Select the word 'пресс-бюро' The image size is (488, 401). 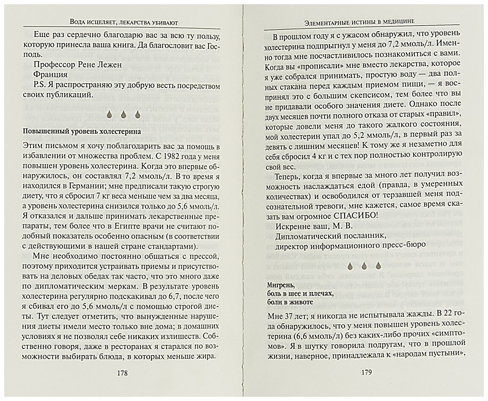[400, 246]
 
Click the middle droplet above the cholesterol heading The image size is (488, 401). [123, 114]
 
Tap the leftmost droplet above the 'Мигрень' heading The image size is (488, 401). [351, 266]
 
